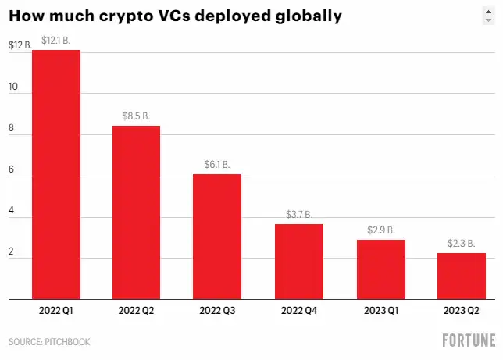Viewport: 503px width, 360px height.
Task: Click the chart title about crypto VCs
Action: tap(175, 16)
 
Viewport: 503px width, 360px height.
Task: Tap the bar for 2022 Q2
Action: tap(136, 212)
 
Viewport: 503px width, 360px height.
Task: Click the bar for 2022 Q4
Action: tap(298, 261)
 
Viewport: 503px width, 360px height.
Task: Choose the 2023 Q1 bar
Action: tap(380, 269)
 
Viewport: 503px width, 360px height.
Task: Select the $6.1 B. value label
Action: tap(217, 164)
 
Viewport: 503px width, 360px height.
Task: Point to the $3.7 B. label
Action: tap(298, 214)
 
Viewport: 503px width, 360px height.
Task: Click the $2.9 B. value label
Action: tap(380, 230)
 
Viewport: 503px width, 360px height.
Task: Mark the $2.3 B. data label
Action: tap(462, 243)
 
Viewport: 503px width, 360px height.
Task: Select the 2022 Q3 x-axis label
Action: tap(217, 310)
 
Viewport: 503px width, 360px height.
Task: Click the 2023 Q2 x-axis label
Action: tap(462, 310)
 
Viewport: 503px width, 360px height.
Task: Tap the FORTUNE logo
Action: tap(469, 340)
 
